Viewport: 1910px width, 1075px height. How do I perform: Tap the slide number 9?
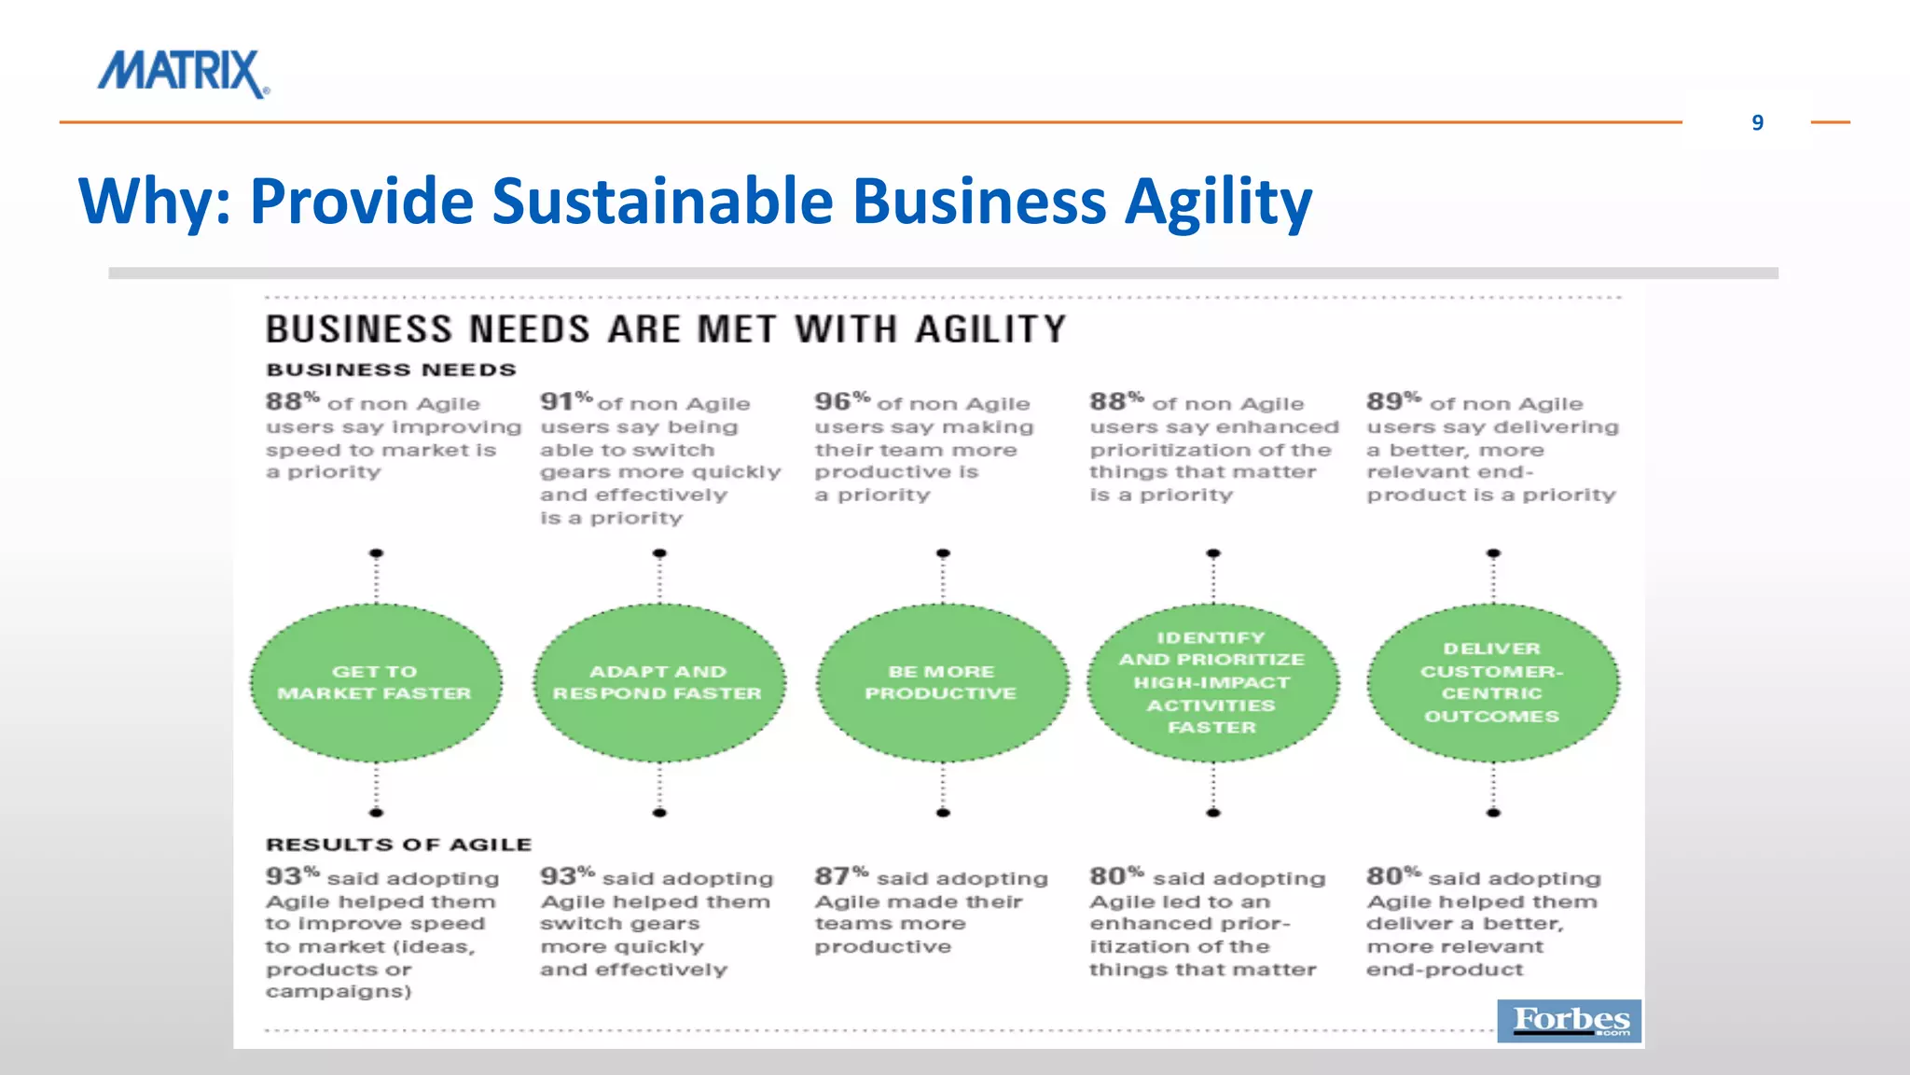click(x=1757, y=123)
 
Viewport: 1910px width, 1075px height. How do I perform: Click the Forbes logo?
click(x=1570, y=1020)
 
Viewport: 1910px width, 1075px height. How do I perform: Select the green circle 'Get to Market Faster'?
click(x=376, y=683)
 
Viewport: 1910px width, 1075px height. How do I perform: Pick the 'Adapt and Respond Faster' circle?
click(x=659, y=683)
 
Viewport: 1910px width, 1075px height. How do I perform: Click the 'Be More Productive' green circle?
click(x=942, y=683)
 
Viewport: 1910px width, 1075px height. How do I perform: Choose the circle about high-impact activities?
click(x=1212, y=683)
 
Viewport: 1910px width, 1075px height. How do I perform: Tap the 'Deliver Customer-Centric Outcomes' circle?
click(x=1492, y=683)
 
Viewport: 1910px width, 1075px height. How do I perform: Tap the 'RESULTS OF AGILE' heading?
click(x=398, y=845)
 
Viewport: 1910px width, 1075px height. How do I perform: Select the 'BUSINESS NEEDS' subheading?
click(x=391, y=370)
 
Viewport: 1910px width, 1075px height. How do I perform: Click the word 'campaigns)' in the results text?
click(x=339, y=991)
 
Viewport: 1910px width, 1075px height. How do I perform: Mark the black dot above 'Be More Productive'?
click(x=943, y=553)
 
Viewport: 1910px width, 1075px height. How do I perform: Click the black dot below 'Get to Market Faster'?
click(x=376, y=813)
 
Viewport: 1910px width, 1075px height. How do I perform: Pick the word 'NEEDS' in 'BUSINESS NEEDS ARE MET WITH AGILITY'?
click(x=529, y=329)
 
